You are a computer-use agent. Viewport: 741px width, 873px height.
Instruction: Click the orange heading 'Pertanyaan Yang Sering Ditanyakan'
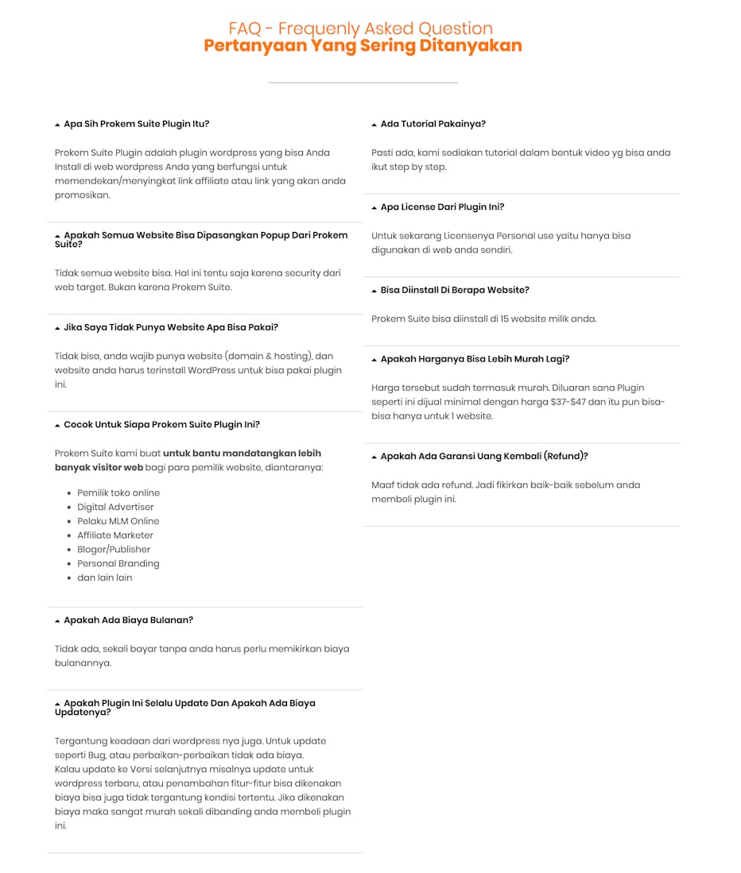click(363, 46)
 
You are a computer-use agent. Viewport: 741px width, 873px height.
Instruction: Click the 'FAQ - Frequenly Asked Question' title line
click(360, 29)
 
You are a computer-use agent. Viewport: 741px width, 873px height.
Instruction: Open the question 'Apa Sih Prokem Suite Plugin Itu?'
click(136, 124)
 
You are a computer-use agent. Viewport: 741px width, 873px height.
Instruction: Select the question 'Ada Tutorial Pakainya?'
click(433, 124)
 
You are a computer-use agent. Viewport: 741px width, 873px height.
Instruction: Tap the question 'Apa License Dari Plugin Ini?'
click(442, 207)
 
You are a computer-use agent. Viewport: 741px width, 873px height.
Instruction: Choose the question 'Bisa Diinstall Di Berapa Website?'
click(454, 290)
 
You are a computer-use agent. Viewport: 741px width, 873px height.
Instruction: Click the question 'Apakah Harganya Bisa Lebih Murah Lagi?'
click(475, 359)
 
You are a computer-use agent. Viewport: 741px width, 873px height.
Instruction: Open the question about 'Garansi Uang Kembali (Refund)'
click(484, 456)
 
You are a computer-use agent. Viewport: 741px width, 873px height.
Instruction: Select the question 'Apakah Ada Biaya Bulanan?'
click(128, 620)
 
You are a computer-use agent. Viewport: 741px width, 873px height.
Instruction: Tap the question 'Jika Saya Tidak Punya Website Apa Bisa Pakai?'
click(170, 327)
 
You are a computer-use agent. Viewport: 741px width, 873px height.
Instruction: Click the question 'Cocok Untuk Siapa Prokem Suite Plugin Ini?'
click(161, 424)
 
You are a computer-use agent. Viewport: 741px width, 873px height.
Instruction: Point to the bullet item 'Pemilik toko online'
click(118, 493)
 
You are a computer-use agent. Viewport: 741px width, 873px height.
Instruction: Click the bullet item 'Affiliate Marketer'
click(115, 535)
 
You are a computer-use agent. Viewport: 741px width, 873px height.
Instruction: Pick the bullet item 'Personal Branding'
click(118, 563)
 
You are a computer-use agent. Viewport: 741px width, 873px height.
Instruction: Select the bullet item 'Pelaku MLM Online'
click(118, 521)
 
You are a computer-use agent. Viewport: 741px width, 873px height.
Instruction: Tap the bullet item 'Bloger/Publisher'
click(114, 549)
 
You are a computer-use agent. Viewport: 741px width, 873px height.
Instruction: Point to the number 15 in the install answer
click(505, 319)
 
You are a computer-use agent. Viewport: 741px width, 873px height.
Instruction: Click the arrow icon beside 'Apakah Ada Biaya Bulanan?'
click(57, 621)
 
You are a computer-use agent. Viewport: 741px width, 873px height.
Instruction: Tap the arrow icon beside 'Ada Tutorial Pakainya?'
click(374, 125)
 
